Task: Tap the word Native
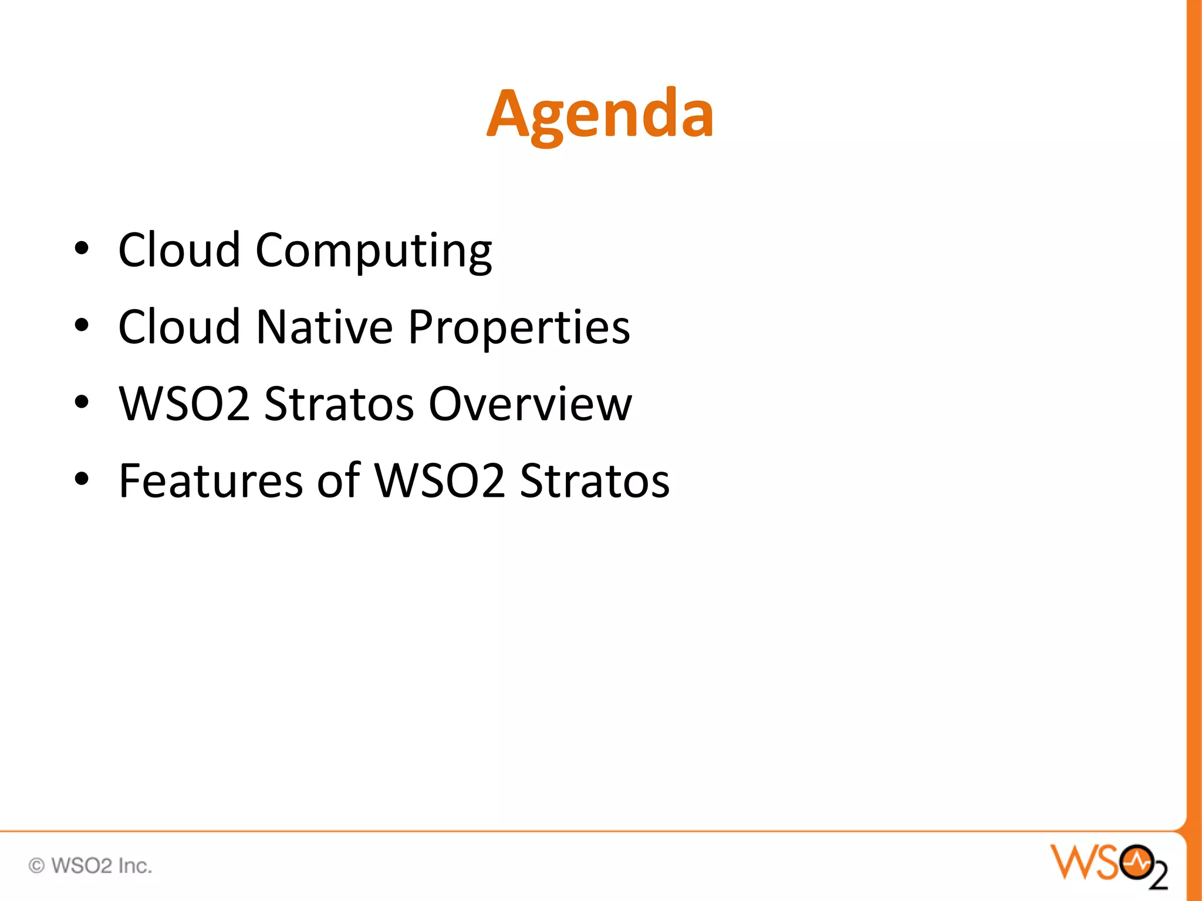324,327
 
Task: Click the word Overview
530,404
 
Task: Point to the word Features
210,481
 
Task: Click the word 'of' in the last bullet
339,481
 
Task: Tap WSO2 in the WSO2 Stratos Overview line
184,404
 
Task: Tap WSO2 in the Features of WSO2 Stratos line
439,481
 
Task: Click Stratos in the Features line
594,481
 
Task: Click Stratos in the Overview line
339,404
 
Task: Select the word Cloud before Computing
179,250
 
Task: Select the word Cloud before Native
179,327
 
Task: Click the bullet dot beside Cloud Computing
82,249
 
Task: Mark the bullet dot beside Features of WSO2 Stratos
82,479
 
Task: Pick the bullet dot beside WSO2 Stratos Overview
82,402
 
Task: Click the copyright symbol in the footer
36,865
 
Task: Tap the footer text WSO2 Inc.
102,865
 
